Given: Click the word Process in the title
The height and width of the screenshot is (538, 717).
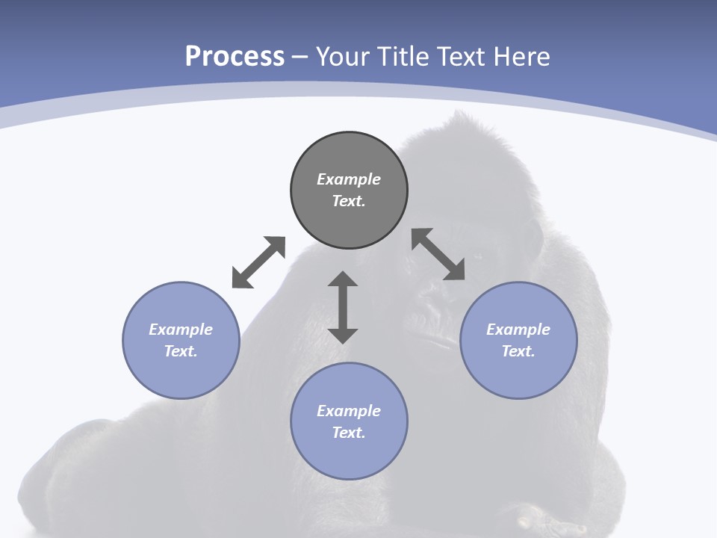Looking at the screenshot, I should tap(235, 57).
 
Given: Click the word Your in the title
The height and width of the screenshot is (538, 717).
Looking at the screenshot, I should tap(344, 57).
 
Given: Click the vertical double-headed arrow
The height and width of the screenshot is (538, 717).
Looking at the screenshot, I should tap(343, 308).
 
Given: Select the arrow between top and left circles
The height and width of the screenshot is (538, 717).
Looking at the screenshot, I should tap(258, 262).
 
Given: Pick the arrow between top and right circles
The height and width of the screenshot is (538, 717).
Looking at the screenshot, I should tap(438, 254).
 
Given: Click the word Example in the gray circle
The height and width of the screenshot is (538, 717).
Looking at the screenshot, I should tap(349, 179).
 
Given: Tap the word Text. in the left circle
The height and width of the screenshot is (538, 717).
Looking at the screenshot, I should tap(181, 351).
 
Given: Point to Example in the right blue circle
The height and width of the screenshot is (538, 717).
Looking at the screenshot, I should tap(518, 330).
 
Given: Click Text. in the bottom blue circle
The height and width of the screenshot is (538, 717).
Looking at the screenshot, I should tap(349, 433).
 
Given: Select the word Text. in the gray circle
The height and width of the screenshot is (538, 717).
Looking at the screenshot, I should tap(349, 201).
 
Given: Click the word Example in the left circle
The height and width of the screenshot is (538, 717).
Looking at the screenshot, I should tap(181, 330).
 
